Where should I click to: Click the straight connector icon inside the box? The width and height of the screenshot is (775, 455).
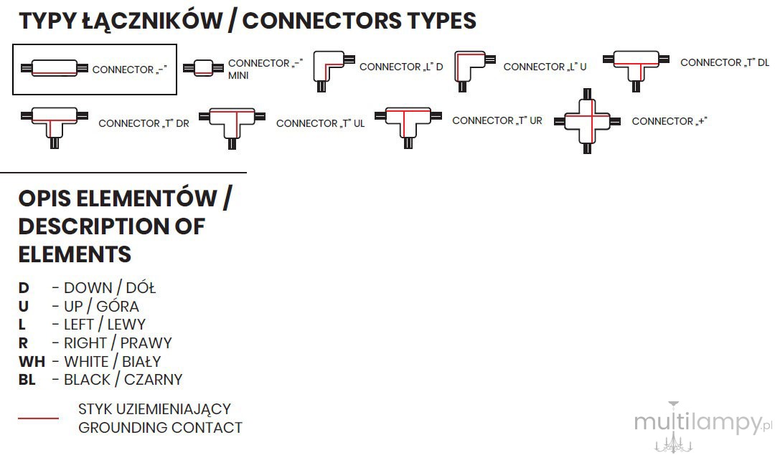(x=55, y=68)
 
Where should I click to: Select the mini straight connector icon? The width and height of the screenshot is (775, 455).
(x=203, y=67)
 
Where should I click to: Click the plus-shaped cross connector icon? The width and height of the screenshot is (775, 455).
(x=587, y=121)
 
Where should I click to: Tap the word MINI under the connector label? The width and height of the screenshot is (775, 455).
(x=238, y=75)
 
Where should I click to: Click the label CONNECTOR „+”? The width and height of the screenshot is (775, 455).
(x=670, y=121)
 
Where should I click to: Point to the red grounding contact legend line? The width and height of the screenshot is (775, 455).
(x=39, y=418)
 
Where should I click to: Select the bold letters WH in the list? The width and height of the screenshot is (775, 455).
(x=32, y=361)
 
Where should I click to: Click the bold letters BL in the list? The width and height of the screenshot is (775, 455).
(x=27, y=380)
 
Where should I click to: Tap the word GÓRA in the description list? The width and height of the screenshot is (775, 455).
(x=118, y=306)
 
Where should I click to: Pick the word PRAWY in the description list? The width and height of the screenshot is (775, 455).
(x=146, y=343)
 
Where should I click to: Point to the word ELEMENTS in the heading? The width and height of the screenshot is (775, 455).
(x=75, y=254)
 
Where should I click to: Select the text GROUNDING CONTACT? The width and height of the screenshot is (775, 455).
(x=160, y=427)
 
